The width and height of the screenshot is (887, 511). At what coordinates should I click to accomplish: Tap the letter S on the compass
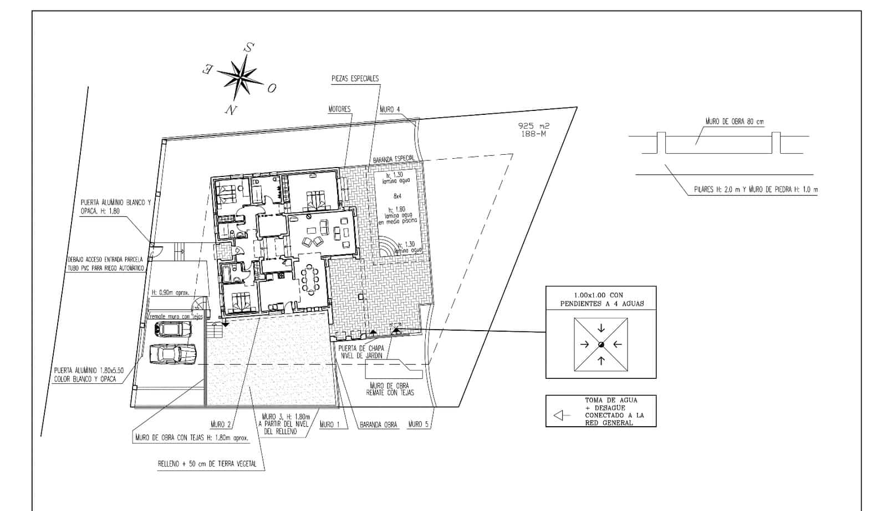coord(249,47)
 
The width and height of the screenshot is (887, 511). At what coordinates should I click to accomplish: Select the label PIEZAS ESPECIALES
coord(355,79)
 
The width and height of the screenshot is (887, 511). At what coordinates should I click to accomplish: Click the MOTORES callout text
coord(339,109)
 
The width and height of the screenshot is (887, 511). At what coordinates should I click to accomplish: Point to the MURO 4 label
coord(390,109)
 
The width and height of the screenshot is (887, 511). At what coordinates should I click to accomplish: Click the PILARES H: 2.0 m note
coord(756,190)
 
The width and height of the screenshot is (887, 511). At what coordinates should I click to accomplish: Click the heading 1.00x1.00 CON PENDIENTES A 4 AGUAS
coord(600,300)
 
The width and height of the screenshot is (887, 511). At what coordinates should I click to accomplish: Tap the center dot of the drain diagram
coord(601,345)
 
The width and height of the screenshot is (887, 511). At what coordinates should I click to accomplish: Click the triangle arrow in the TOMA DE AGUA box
coord(562,415)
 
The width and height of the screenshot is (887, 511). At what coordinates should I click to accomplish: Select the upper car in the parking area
coord(172,330)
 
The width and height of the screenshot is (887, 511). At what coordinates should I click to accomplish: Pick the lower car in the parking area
coord(174,353)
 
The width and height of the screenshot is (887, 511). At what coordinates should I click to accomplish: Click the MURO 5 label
coord(419,424)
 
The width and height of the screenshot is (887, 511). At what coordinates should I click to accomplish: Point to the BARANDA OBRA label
coord(378,425)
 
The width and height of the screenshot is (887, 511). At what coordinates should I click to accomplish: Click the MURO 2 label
coord(221,424)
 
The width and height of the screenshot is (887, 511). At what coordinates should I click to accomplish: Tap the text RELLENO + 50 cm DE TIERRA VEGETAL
coord(207,464)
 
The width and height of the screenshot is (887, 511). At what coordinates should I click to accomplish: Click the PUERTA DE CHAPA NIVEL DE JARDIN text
coord(361,352)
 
